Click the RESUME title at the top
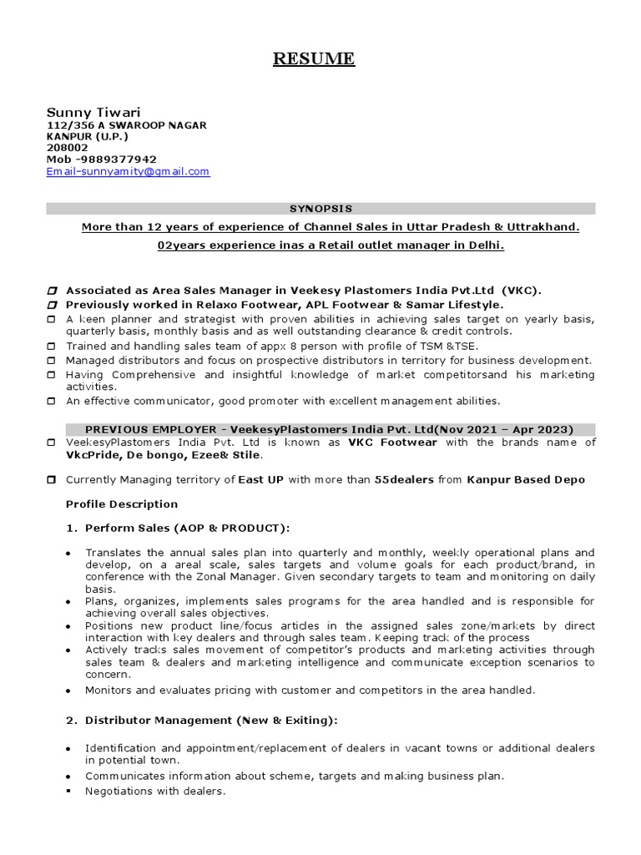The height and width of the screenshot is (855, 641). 315,58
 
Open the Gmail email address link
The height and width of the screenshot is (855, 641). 128,171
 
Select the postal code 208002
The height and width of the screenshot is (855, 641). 68,148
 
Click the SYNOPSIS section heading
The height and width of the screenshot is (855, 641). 320,209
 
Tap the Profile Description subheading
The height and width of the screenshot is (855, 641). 122,504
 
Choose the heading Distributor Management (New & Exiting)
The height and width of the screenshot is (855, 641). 211,721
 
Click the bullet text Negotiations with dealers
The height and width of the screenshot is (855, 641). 155,791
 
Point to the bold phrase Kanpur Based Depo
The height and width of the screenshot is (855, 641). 526,480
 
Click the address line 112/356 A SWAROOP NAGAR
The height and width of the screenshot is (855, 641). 126,124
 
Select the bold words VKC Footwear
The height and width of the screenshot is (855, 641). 392,443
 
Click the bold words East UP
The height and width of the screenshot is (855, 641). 260,480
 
